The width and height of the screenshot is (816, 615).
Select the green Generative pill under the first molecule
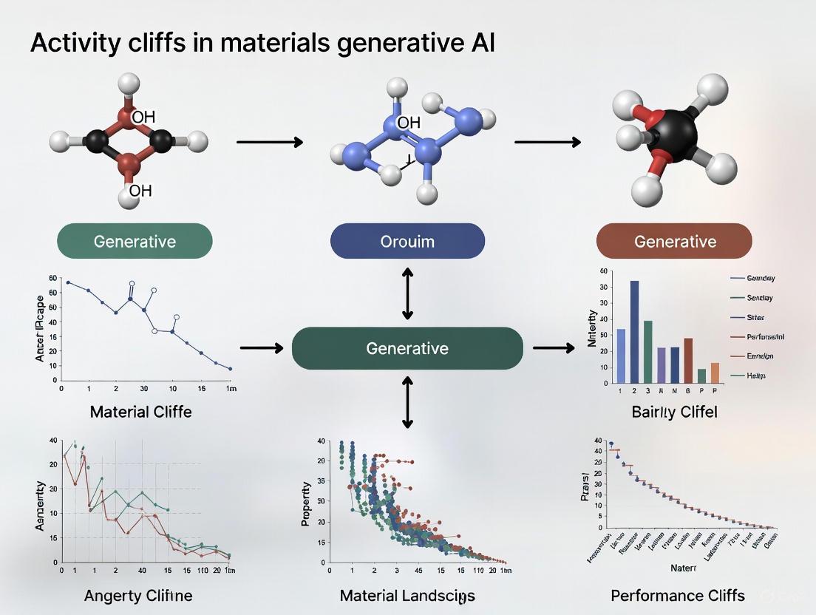pyautogui.click(x=135, y=241)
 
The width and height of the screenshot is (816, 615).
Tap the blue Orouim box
pyautogui.click(x=407, y=241)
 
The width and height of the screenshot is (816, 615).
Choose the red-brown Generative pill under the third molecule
pyautogui.click(x=675, y=241)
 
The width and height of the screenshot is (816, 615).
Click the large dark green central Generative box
pyautogui.click(x=407, y=348)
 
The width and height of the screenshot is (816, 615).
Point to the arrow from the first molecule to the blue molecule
pyautogui.click(x=269, y=142)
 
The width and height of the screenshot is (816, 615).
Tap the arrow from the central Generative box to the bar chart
pyautogui.click(x=554, y=347)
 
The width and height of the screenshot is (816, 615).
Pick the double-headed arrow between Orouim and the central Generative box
pyautogui.click(x=407, y=293)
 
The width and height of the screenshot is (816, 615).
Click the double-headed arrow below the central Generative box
pyautogui.click(x=407, y=401)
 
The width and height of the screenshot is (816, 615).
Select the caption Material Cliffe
pyautogui.click(x=140, y=412)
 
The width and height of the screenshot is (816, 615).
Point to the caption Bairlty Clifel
pyautogui.click(x=674, y=412)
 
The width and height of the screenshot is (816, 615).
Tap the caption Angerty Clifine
pyautogui.click(x=138, y=595)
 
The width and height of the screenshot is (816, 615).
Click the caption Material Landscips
pyautogui.click(x=407, y=595)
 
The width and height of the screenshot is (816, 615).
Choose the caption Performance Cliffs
pyautogui.click(x=678, y=595)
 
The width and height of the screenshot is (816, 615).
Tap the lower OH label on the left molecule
pyautogui.click(x=140, y=191)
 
